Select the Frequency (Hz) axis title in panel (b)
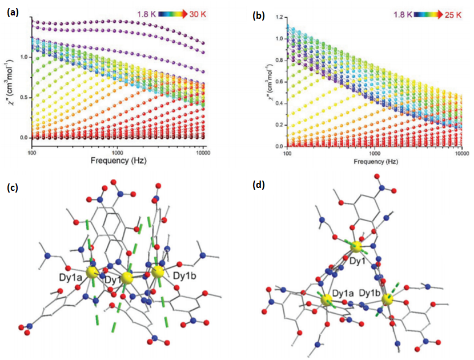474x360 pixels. click(x=375, y=161)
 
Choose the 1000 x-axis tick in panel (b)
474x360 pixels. click(x=375, y=153)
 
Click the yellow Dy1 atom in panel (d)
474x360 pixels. click(x=356, y=247)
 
